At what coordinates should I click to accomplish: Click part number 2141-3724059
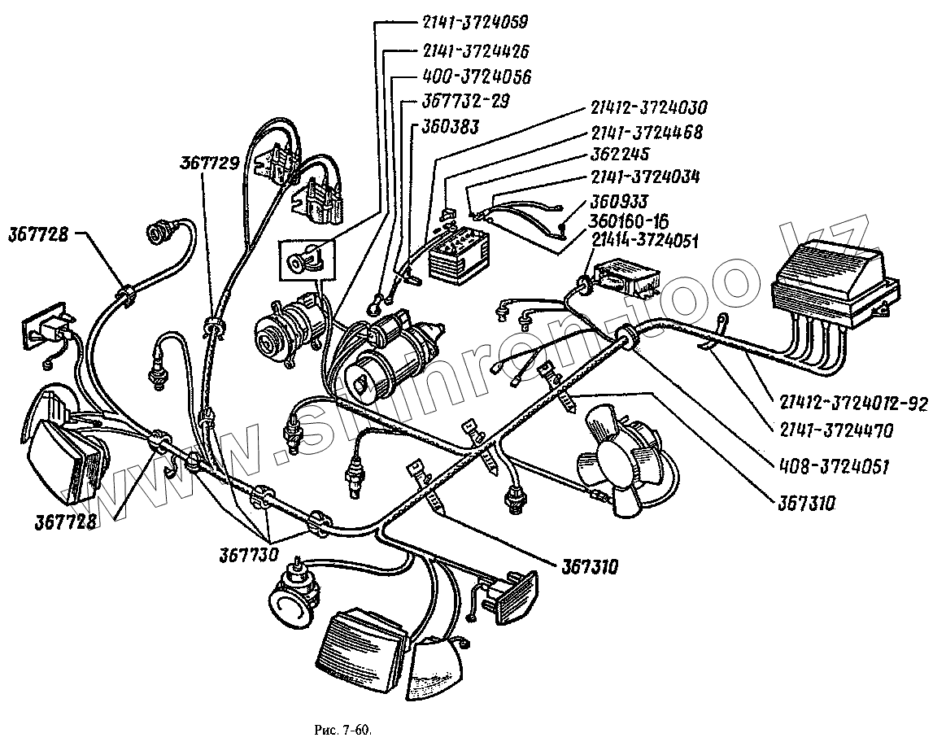469,22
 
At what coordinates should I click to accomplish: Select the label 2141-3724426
476,50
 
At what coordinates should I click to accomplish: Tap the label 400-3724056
477,77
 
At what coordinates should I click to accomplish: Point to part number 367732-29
466,103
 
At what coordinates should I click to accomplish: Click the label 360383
449,128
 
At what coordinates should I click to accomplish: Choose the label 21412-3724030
649,107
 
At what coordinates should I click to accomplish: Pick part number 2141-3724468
647,132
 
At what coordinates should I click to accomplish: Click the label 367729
209,164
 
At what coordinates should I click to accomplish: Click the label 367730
248,555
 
